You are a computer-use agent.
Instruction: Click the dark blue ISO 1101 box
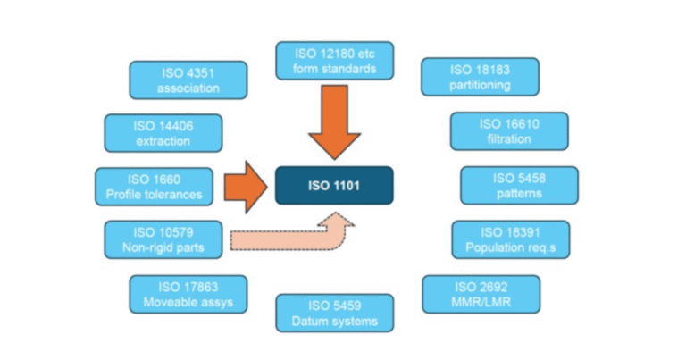point(334,186)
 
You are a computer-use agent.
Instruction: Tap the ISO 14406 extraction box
point(163,132)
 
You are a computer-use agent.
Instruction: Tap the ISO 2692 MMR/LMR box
point(481,294)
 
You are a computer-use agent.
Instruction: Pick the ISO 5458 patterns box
point(519,186)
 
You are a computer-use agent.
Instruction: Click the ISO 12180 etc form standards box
point(334,60)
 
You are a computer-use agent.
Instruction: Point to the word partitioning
point(480,86)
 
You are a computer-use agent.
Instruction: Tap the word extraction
point(163,141)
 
